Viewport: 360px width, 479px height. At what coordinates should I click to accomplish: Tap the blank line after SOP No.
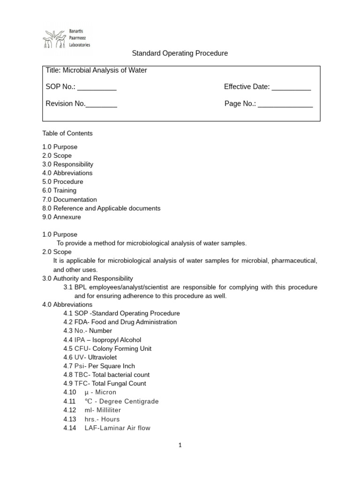97,87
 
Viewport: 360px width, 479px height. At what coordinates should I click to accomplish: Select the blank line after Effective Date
291,87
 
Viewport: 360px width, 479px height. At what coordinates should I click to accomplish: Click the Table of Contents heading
67,133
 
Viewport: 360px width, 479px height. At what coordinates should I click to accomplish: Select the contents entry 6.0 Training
59,190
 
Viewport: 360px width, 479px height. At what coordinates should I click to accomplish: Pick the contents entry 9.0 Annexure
61,217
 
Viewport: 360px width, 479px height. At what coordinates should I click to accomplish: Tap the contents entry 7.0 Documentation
69,199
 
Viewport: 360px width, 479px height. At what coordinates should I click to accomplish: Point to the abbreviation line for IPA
102,340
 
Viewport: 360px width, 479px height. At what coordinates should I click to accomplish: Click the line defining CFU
107,348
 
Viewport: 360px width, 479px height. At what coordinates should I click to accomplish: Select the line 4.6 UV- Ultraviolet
90,357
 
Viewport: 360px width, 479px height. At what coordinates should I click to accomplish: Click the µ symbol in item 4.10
87,392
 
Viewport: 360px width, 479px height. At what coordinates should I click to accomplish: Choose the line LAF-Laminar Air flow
117,428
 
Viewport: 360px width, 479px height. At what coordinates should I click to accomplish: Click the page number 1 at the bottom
180,445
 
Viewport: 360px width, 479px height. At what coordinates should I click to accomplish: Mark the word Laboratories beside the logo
79,45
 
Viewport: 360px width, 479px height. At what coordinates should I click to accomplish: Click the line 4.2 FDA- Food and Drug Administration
120,322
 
